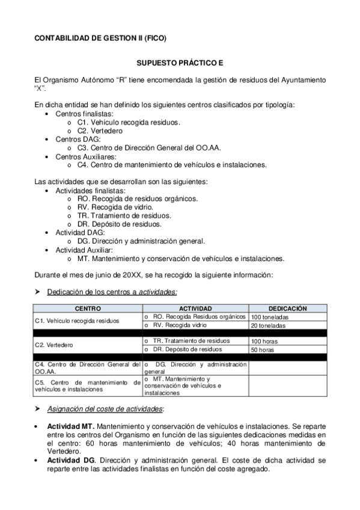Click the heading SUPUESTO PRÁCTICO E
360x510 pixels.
click(180, 63)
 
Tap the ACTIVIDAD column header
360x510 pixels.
click(195, 309)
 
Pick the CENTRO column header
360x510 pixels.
click(87, 309)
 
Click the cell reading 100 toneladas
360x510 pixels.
click(270, 317)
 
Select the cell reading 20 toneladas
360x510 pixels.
click(268, 325)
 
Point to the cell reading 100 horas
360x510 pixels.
click(264, 341)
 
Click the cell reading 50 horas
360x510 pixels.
click(263, 349)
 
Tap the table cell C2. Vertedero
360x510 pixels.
click(54, 345)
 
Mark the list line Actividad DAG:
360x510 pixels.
click(80, 232)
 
